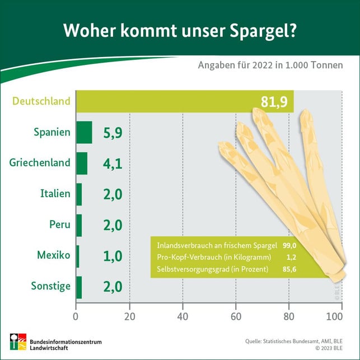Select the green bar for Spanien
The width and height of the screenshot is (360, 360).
(84, 133)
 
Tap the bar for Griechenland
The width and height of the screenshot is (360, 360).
(82, 163)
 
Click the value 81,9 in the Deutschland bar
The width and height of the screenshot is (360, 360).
(274, 102)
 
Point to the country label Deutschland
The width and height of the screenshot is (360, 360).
(41, 101)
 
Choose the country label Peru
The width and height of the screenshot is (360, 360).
(60, 225)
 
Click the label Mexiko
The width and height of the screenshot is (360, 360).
(54, 256)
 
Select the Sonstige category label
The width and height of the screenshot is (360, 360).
(52, 287)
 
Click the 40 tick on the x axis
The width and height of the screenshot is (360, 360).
(183, 316)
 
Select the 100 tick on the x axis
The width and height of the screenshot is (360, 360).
(334, 316)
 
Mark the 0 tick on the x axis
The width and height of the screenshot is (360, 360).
(76, 316)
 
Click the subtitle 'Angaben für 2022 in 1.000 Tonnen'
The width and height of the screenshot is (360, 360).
(270, 65)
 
